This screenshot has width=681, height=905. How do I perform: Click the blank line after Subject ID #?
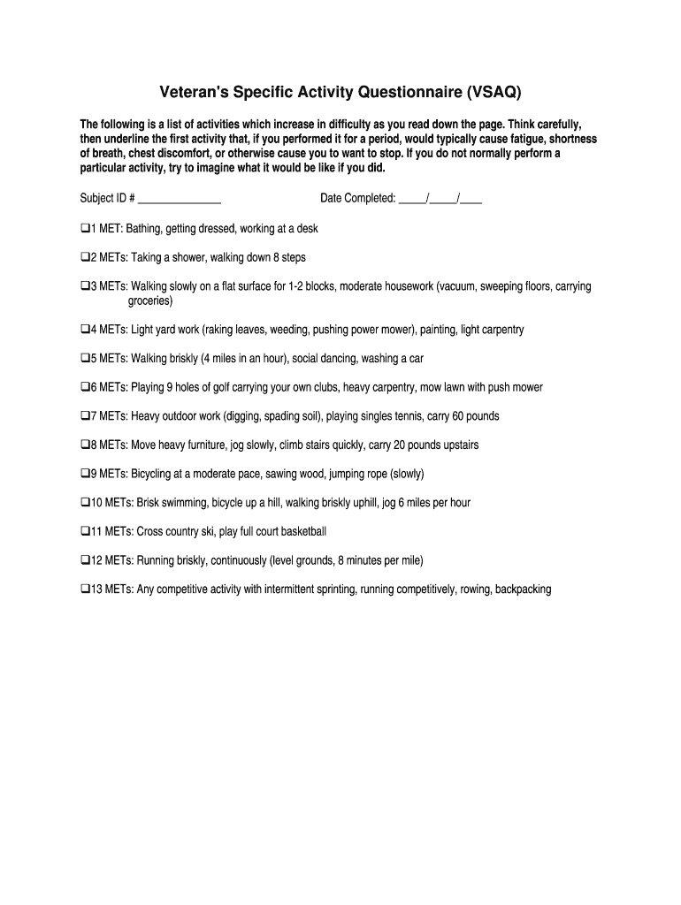click(180, 199)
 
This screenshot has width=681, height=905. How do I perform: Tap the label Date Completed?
click(357, 199)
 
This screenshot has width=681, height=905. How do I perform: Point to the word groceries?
click(150, 301)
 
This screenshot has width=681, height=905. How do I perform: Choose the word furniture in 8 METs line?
click(206, 445)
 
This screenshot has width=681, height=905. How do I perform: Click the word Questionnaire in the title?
click(389, 91)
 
